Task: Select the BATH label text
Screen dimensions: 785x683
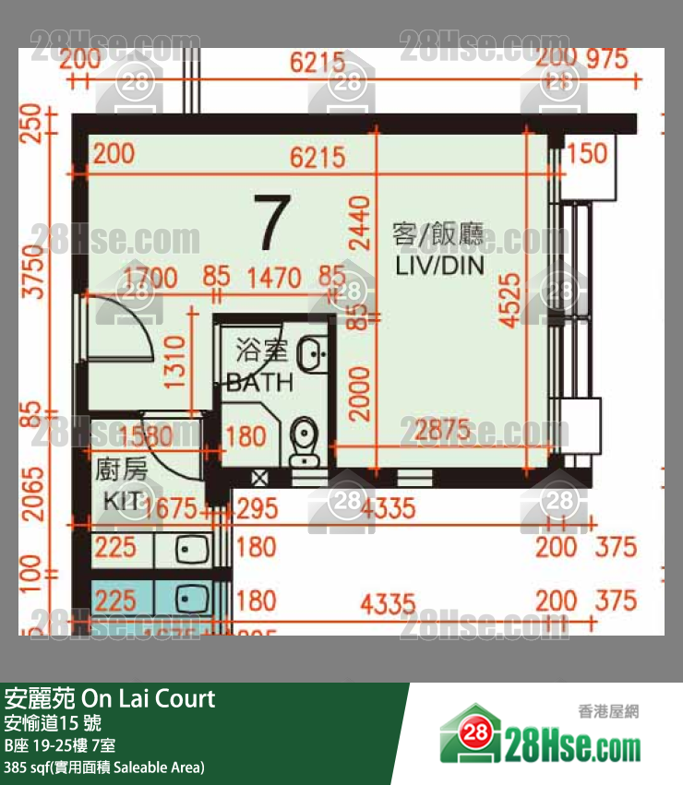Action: (x=259, y=382)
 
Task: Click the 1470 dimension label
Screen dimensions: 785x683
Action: (x=274, y=277)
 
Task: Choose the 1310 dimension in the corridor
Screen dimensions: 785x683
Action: (x=174, y=363)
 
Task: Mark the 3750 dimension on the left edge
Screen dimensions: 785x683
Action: (x=34, y=272)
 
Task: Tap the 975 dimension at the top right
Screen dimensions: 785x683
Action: (x=606, y=60)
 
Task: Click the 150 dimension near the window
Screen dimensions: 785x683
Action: (x=586, y=153)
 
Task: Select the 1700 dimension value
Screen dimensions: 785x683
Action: (x=151, y=277)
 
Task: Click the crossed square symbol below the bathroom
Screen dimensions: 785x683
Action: (x=260, y=478)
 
